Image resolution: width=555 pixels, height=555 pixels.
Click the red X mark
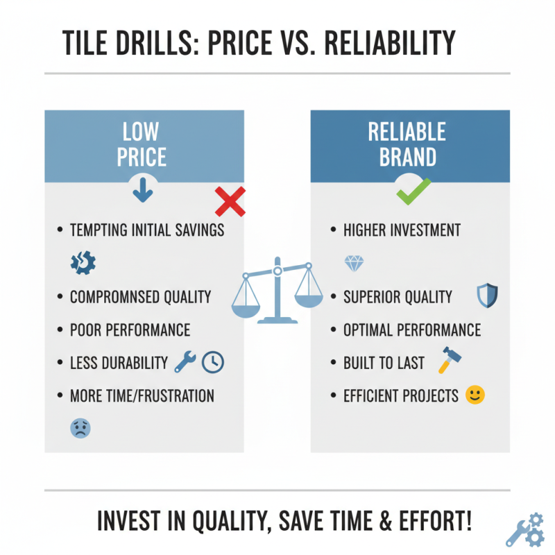coord(230,201)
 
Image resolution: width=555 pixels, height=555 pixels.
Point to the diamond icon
coord(354,263)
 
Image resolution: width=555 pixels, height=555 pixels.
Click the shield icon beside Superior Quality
coord(488,296)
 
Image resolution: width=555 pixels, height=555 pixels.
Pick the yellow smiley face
coord(475,395)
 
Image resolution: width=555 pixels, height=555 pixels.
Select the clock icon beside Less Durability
coord(213,361)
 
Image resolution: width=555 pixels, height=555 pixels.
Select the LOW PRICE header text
coord(141,144)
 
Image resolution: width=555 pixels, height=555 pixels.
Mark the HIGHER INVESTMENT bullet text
coord(402,230)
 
